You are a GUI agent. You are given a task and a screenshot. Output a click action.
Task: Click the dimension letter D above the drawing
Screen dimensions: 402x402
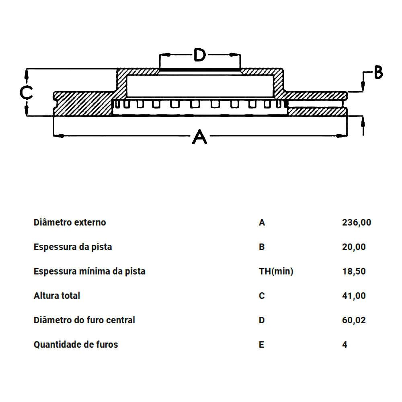199,54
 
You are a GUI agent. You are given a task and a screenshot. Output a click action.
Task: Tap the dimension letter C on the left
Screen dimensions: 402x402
26,92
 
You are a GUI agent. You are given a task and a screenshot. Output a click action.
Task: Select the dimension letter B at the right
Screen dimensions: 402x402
378,72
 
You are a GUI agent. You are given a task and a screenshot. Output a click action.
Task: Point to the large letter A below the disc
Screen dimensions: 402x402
199,137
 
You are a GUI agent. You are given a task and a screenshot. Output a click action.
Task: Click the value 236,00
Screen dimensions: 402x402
356,223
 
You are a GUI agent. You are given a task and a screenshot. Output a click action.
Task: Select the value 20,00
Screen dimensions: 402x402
354,247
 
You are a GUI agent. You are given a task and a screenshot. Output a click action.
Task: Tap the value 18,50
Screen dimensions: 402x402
354,271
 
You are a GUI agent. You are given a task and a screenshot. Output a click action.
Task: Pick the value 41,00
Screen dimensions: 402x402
354,295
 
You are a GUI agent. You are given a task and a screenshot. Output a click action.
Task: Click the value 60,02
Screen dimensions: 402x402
354,320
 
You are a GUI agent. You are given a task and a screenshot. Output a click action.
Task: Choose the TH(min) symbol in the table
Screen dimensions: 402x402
276,271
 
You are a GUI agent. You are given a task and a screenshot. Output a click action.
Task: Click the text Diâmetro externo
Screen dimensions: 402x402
70,222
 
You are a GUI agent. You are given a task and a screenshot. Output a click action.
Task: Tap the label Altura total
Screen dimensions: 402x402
57,295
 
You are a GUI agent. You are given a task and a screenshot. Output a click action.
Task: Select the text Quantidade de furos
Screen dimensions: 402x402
76,345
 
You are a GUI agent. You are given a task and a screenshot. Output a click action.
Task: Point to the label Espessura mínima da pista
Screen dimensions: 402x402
90,271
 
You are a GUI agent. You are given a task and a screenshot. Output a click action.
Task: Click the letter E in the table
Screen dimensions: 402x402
261,345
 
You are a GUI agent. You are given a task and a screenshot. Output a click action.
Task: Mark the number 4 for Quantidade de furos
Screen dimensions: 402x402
345,345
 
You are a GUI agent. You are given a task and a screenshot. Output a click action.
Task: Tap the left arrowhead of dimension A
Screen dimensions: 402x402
59,135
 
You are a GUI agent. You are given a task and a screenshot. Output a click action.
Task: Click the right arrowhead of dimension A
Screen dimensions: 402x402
341,135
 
